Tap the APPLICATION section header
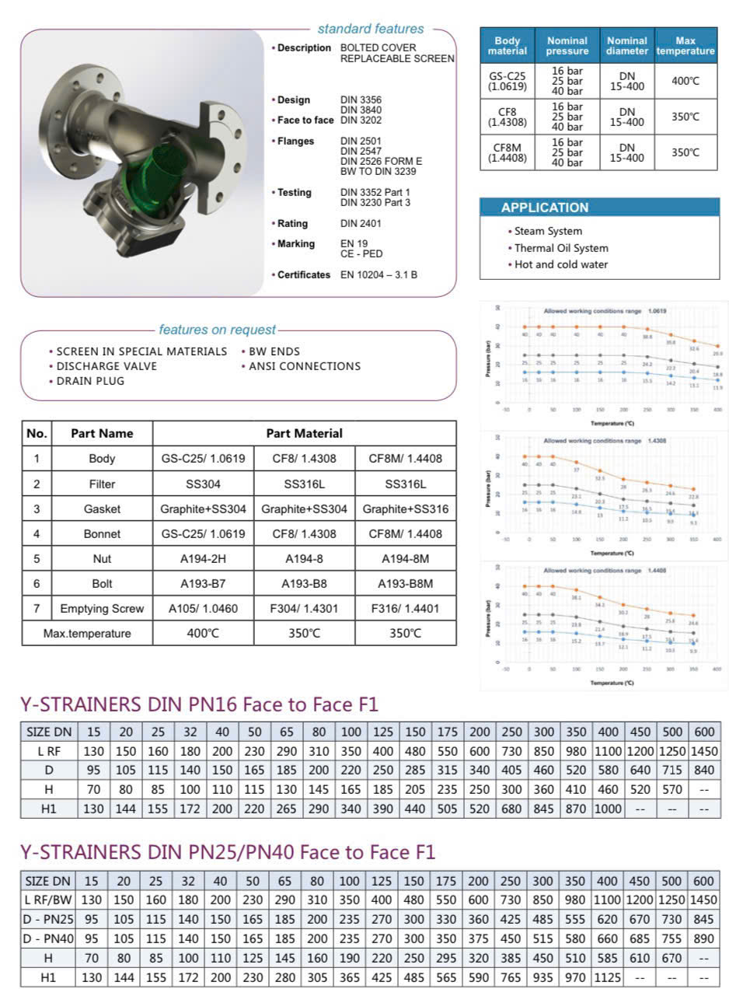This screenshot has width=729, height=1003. pos(545,208)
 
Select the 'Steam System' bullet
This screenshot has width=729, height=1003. pos(548,231)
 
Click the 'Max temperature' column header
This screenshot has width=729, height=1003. pos(685,46)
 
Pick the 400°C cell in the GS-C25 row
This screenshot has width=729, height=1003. pos(685,81)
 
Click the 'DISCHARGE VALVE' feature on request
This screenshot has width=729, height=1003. pos(106,366)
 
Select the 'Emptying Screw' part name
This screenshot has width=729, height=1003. pos(102,609)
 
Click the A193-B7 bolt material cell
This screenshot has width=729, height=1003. pos(203,584)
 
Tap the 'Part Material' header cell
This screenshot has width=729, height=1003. pos(304,433)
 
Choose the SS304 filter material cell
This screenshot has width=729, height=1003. pos(203,484)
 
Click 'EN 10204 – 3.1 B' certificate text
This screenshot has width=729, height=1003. pos(378,274)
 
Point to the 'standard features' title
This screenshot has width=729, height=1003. pos(371,29)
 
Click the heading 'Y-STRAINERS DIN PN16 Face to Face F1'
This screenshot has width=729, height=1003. pos(199,705)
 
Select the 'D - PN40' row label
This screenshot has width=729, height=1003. pos(48,938)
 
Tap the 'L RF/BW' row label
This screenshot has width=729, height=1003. pos(48,900)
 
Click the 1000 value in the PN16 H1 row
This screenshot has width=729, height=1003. pos(608,809)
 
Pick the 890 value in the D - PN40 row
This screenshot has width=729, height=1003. pos(703,938)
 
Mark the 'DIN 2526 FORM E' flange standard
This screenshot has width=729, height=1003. pos(381,161)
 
